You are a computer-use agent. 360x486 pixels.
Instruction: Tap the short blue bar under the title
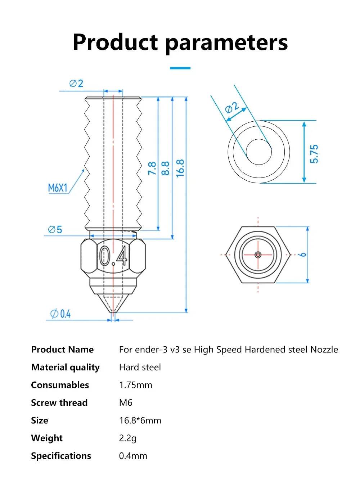(x=180, y=68)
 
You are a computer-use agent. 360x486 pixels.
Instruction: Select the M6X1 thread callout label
(x=58, y=188)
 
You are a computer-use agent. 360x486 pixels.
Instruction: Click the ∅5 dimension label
(x=55, y=229)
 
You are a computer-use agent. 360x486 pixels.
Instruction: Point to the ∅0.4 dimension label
(x=60, y=314)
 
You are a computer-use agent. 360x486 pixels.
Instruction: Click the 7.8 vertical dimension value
(x=152, y=168)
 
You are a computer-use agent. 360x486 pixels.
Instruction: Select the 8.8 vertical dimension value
(x=166, y=168)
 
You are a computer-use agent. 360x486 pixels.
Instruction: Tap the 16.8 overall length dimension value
(x=180, y=168)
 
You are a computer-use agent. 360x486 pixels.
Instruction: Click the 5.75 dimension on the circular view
(x=314, y=154)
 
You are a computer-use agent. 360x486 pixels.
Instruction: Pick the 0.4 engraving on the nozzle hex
(x=113, y=256)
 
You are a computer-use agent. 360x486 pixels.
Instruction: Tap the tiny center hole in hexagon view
(x=258, y=255)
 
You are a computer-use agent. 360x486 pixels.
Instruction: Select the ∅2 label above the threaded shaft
(x=76, y=84)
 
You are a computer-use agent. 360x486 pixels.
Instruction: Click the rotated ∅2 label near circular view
(x=232, y=107)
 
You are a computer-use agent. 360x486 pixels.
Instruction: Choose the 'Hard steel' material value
(x=140, y=367)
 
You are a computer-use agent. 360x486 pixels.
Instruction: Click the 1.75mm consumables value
(x=135, y=385)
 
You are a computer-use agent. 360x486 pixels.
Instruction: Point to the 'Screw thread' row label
(x=59, y=402)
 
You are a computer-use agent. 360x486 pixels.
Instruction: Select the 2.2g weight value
(x=128, y=438)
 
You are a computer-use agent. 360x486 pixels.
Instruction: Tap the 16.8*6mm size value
(x=140, y=420)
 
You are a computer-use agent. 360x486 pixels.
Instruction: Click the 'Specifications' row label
(x=61, y=456)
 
